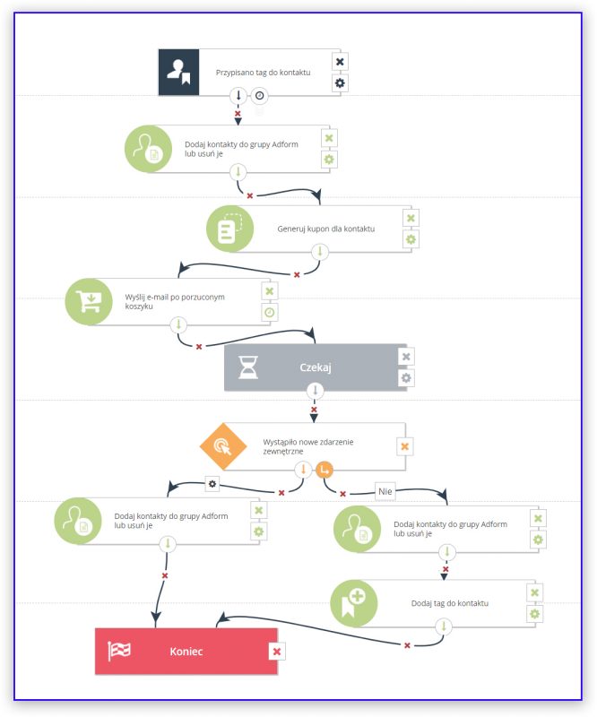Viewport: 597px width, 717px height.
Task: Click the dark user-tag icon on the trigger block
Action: pos(178,73)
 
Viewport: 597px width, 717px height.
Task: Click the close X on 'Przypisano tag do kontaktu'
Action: pos(340,62)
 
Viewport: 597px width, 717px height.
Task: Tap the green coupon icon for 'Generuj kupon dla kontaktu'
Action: pos(229,229)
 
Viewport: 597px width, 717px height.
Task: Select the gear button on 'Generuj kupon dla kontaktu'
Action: pos(411,239)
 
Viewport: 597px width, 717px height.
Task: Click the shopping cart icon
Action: pos(89,301)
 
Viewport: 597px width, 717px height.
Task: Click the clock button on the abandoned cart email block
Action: pos(270,312)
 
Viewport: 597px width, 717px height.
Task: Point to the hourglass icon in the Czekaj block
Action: pos(248,367)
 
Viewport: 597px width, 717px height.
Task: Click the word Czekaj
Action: pos(316,367)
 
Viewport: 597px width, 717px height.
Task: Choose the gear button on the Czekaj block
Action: pos(406,377)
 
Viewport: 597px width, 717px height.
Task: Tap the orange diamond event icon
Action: pos(223,446)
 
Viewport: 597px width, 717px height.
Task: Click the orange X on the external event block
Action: pos(405,446)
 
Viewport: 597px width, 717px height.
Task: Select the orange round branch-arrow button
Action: pos(324,470)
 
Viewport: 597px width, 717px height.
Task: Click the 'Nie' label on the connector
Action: pos(385,491)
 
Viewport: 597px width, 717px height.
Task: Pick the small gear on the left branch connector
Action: pos(212,484)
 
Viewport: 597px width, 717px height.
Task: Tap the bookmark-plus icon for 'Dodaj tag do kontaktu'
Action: pos(353,603)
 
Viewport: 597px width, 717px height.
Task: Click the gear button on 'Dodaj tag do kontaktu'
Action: pos(535,614)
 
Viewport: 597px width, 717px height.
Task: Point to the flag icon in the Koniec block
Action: pos(119,651)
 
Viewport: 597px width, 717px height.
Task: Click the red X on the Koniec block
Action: pos(277,652)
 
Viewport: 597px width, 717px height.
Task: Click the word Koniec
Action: pos(186,652)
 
